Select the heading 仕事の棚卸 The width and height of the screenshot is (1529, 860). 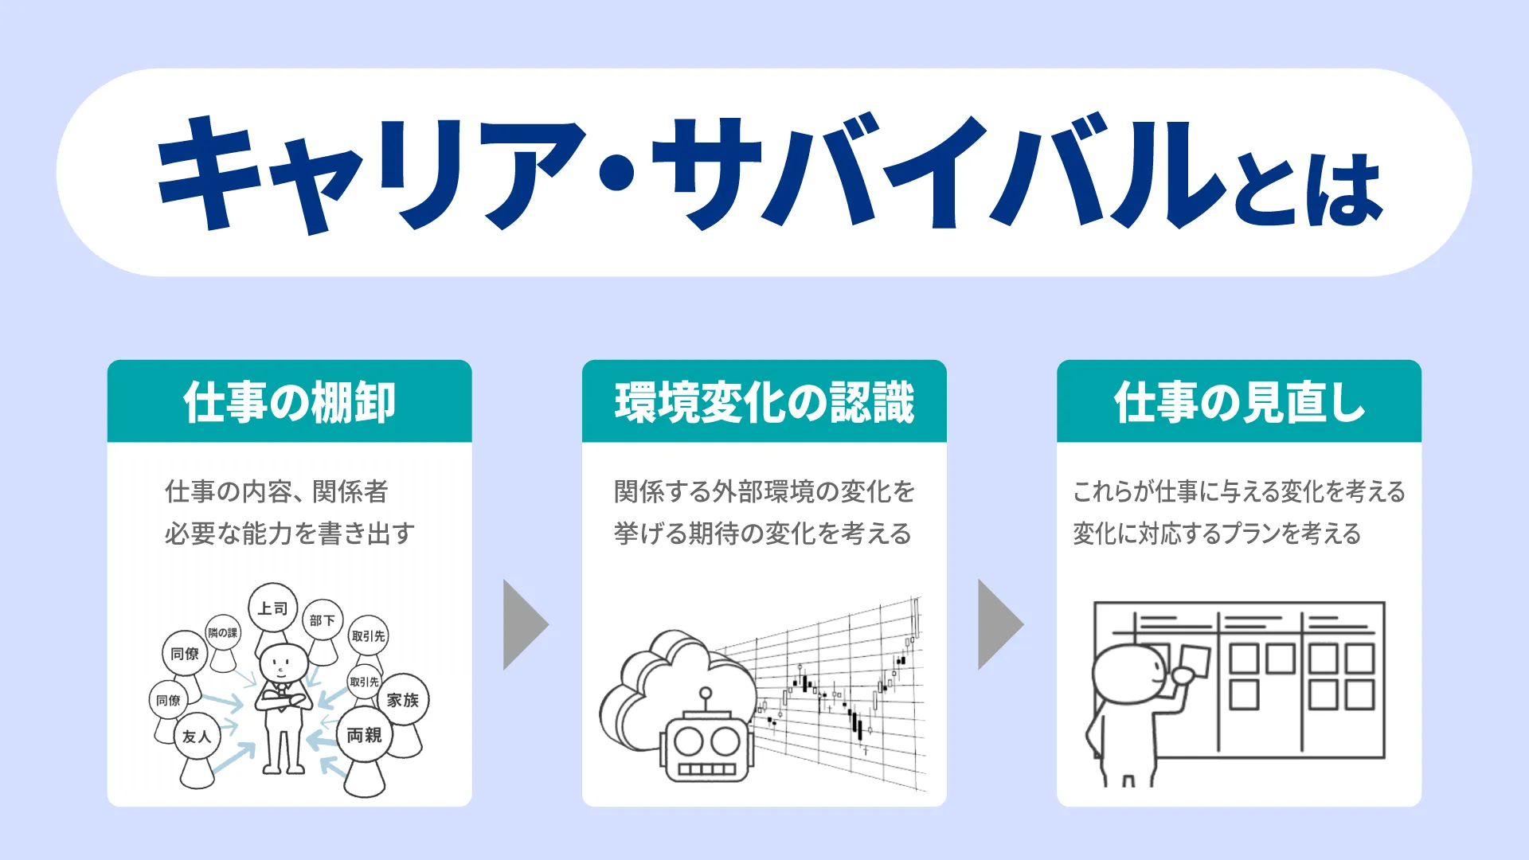[x=289, y=402]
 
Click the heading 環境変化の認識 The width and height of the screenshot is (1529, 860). [x=764, y=402]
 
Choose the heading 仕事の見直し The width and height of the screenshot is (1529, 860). [x=1239, y=402]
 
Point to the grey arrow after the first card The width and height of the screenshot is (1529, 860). [x=526, y=625]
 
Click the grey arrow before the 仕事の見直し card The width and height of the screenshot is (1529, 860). [x=1000, y=625]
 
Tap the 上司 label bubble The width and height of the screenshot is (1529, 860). [x=272, y=608]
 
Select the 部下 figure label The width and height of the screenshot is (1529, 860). [x=323, y=620]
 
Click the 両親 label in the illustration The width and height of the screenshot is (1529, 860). [x=364, y=735]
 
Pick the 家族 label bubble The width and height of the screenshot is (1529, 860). [x=403, y=700]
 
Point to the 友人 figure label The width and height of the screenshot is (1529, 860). [x=197, y=737]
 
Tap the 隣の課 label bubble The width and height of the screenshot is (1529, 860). [x=223, y=633]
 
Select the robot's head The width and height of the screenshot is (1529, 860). [x=706, y=749]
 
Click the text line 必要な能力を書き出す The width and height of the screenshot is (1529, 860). [x=290, y=534]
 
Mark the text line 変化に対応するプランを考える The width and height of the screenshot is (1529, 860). [x=1217, y=534]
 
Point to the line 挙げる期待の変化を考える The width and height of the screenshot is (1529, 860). [x=762, y=534]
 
